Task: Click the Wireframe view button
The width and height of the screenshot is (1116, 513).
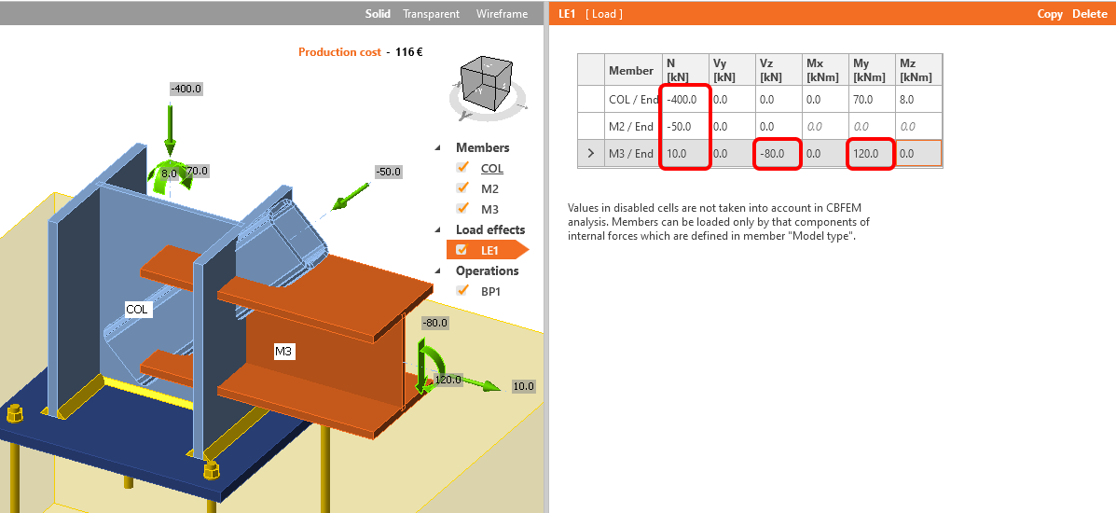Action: [502, 14]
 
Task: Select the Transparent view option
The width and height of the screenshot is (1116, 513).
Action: [431, 14]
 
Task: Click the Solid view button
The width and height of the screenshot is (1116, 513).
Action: [378, 14]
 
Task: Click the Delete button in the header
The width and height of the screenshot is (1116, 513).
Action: [1089, 14]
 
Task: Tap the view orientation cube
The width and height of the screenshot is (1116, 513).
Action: [488, 81]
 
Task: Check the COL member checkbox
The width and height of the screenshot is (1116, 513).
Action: [462, 168]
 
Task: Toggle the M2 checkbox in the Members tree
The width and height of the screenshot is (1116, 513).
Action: [462, 188]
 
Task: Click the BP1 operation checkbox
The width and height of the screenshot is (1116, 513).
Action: [462, 291]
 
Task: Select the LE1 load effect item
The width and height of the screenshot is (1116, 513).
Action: [489, 250]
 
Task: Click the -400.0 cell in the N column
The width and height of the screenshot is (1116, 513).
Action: [683, 99]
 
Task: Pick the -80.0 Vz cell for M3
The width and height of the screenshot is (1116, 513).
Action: [777, 154]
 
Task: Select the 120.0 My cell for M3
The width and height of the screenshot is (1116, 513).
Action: [869, 154]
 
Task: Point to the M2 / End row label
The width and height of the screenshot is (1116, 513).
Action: [631, 127]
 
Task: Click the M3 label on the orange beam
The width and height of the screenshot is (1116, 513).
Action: [283, 352]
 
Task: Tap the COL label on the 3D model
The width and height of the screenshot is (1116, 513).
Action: [138, 309]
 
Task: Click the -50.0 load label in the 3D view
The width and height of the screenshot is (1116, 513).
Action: [387, 173]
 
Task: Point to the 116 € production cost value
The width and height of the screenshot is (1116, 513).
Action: [408, 52]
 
